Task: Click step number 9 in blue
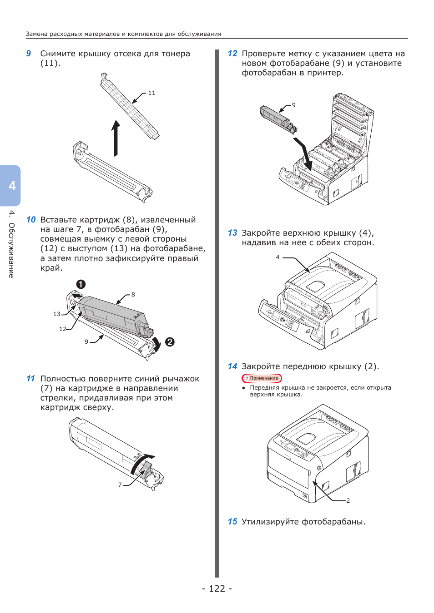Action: click(x=29, y=54)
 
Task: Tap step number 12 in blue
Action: click(x=232, y=54)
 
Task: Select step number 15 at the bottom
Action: click(x=232, y=522)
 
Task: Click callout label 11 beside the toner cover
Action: click(x=151, y=93)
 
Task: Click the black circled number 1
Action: click(x=81, y=284)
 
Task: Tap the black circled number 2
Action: click(x=170, y=342)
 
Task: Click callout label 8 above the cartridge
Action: click(x=133, y=294)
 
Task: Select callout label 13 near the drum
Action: click(x=57, y=314)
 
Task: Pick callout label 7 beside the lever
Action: click(x=120, y=484)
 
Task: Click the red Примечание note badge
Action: click(x=262, y=378)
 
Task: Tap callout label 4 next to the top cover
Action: click(x=278, y=257)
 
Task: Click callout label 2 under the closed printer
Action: click(x=348, y=500)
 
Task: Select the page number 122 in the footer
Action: click(x=217, y=588)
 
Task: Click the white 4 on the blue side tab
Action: click(x=12, y=186)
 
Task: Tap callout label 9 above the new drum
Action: click(x=293, y=105)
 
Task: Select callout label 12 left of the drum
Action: click(x=63, y=329)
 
